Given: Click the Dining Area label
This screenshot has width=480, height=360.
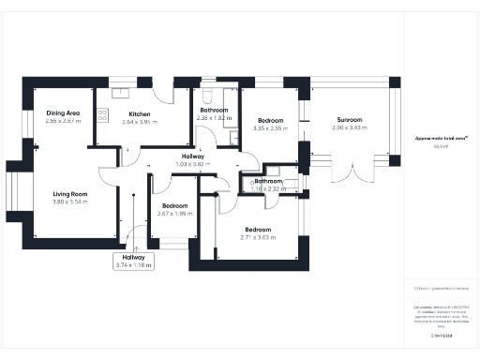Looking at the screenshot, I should point(63,113).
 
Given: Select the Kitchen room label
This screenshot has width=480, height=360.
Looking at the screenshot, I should point(140,113).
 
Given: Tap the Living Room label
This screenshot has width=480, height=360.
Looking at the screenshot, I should point(68,194).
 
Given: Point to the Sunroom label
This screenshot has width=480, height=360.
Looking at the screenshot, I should point(350,119).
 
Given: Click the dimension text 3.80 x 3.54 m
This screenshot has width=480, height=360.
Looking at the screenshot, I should point(68,202).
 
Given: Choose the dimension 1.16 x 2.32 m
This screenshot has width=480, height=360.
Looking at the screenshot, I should point(268,188).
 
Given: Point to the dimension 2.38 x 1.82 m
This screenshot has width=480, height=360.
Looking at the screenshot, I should point(216,118).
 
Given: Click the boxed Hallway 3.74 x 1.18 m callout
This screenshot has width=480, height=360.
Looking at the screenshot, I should point(132,261).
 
